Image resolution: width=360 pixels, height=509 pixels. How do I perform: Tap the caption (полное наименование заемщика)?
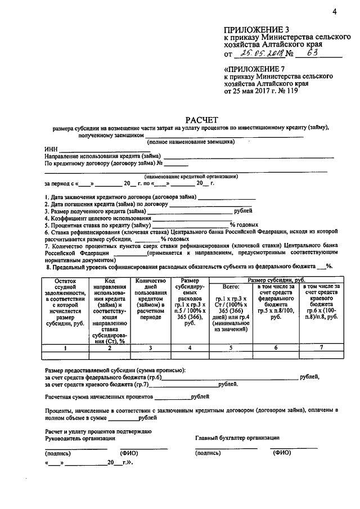tap(195, 142)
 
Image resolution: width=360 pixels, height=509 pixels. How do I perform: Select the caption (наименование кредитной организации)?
tap(190, 176)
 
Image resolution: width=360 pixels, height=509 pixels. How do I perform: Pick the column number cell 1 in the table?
tap(65, 348)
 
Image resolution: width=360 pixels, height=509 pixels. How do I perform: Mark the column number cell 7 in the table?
tap(321, 348)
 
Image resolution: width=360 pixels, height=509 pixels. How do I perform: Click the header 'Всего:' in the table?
tap(231, 287)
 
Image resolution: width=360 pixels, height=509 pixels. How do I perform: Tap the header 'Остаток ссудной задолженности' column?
tap(65, 298)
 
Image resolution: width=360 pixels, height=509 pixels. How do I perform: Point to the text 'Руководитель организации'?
tap(80, 438)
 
